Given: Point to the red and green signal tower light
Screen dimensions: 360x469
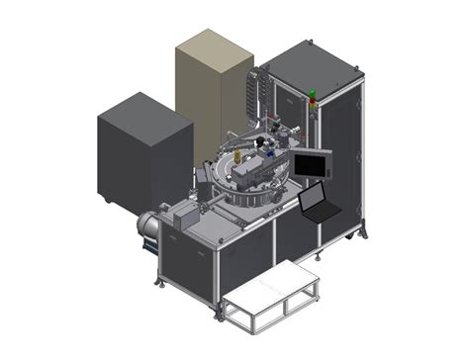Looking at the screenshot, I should (x=314, y=98).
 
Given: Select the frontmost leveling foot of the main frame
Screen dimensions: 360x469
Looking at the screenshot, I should (x=216, y=315).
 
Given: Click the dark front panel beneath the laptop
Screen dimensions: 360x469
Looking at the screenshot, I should (x=297, y=237).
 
